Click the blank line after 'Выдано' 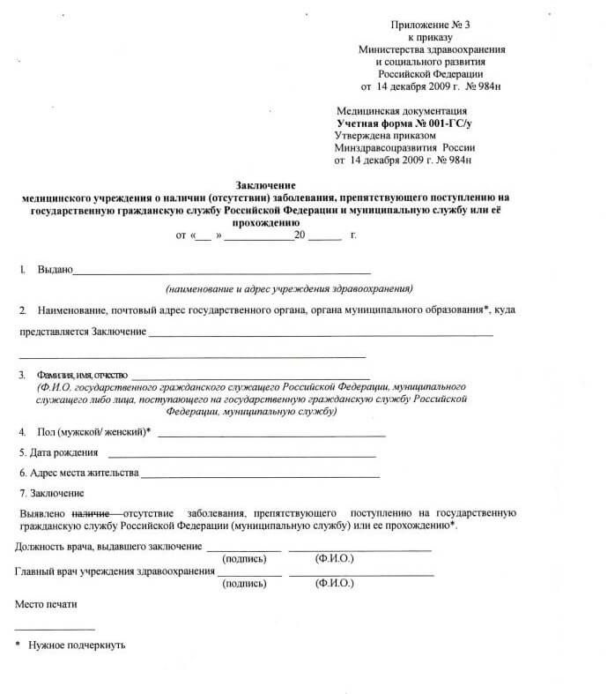tap(221, 272)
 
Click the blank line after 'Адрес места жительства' tap(259, 475)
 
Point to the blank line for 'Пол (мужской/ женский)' tap(271, 435)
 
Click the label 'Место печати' tap(47, 606)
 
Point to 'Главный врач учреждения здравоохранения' tap(115, 571)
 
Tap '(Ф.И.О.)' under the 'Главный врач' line tap(334, 584)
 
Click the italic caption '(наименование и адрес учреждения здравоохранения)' tap(290, 288)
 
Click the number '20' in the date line tap(300, 237)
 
